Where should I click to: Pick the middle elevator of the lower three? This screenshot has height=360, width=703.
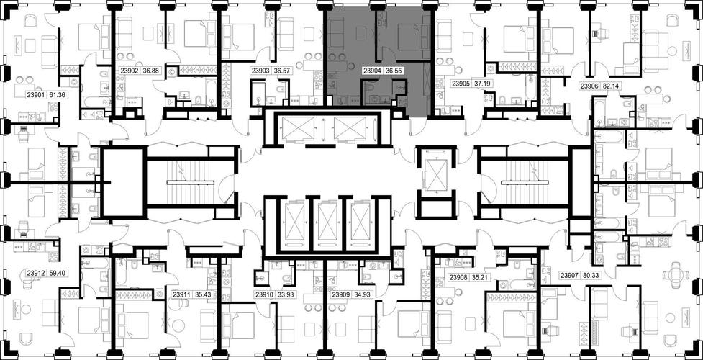point(327,222)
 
